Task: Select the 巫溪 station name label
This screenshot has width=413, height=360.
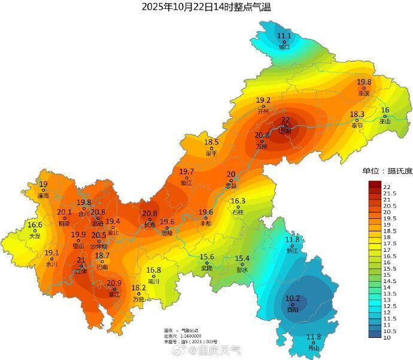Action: click(364, 93)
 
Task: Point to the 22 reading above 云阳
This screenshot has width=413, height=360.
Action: click(286, 120)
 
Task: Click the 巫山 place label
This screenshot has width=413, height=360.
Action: click(385, 121)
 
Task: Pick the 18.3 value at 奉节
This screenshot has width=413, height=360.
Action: click(357, 114)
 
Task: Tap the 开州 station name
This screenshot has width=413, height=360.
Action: click(263, 111)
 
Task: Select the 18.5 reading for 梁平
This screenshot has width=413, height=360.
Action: click(211, 142)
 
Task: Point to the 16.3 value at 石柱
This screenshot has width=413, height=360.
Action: click(238, 201)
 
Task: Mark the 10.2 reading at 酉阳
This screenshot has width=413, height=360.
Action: click(293, 298)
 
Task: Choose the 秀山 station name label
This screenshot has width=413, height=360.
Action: click(314, 348)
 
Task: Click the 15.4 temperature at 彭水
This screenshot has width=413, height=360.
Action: click(242, 258)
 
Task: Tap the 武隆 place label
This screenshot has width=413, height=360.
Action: click(207, 268)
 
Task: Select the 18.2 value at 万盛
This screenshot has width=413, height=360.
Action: click(139, 288)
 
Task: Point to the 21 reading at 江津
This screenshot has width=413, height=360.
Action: click(81, 260)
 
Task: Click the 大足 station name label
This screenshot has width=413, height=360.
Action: click(35, 236)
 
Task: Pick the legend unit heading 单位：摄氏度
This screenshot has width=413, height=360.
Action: click(387, 171)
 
